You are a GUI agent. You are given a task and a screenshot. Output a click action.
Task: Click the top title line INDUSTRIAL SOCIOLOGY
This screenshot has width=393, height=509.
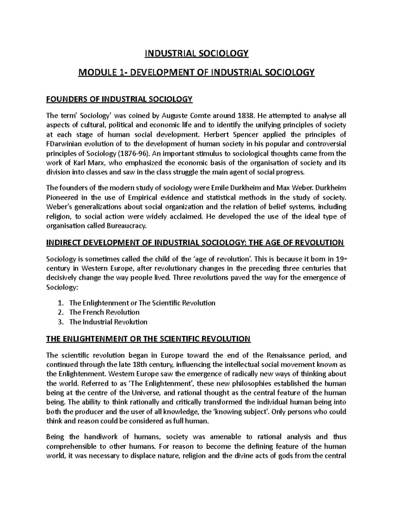(x=196, y=53)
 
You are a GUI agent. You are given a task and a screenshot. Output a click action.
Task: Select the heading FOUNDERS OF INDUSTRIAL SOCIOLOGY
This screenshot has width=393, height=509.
(x=119, y=99)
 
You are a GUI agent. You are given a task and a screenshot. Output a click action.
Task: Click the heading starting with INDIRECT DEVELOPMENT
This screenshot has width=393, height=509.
(x=195, y=243)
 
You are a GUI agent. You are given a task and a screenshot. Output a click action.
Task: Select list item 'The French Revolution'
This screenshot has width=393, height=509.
(x=104, y=312)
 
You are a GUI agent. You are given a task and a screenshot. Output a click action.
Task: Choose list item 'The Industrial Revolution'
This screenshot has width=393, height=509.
(x=108, y=322)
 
